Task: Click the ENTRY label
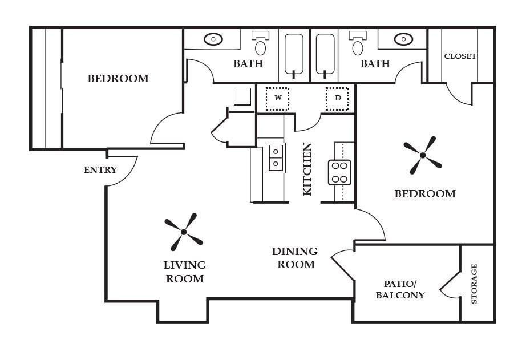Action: (x=100, y=170)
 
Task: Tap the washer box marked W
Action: (x=278, y=98)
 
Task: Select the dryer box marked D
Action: (x=338, y=98)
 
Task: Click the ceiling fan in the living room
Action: (x=184, y=232)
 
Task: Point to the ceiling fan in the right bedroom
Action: (x=423, y=155)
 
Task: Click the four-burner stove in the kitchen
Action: (x=339, y=172)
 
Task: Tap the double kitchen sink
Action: (x=275, y=157)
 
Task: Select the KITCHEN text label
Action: (x=307, y=169)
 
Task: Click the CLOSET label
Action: (x=460, y=56)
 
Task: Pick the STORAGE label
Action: (x=474, y=284)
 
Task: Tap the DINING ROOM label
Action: (x=294, y=258)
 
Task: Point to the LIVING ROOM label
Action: (x=184, y=272)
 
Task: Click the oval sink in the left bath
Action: (x=213, y=39)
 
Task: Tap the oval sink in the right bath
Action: (x=403, y=39)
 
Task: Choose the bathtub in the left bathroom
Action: (x=294, y=55)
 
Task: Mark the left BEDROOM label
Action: (x=118, y=79)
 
